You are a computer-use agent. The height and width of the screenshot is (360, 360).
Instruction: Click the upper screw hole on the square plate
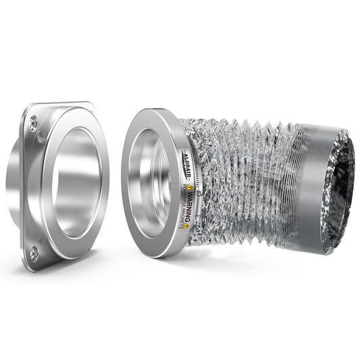[x=32, y=123]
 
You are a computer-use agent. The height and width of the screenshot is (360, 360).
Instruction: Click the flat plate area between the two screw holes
[x=30, y=189]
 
